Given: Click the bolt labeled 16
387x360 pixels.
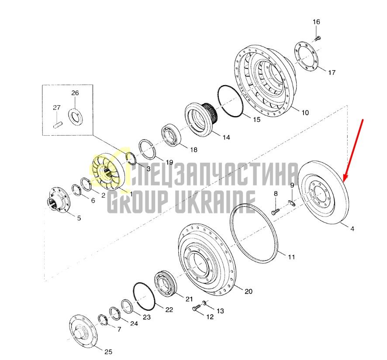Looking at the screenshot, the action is [318, 38].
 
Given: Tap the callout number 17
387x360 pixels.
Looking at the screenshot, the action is [332, 72].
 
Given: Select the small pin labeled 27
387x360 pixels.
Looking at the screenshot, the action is [58, 125].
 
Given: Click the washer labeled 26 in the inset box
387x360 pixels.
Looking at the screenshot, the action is [76, 116].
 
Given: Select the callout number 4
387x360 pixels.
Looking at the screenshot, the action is [352, 229].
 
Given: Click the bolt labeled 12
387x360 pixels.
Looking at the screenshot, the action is [196, 308].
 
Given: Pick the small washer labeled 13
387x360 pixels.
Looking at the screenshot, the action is [204, 302].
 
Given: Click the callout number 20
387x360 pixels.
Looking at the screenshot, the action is [248, 291].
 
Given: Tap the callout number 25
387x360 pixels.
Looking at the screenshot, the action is [108, 352].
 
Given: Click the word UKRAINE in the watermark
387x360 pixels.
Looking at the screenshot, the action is [215, 202].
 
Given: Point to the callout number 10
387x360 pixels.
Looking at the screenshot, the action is [305, 113].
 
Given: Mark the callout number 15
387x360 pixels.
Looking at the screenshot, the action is [257, 120].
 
